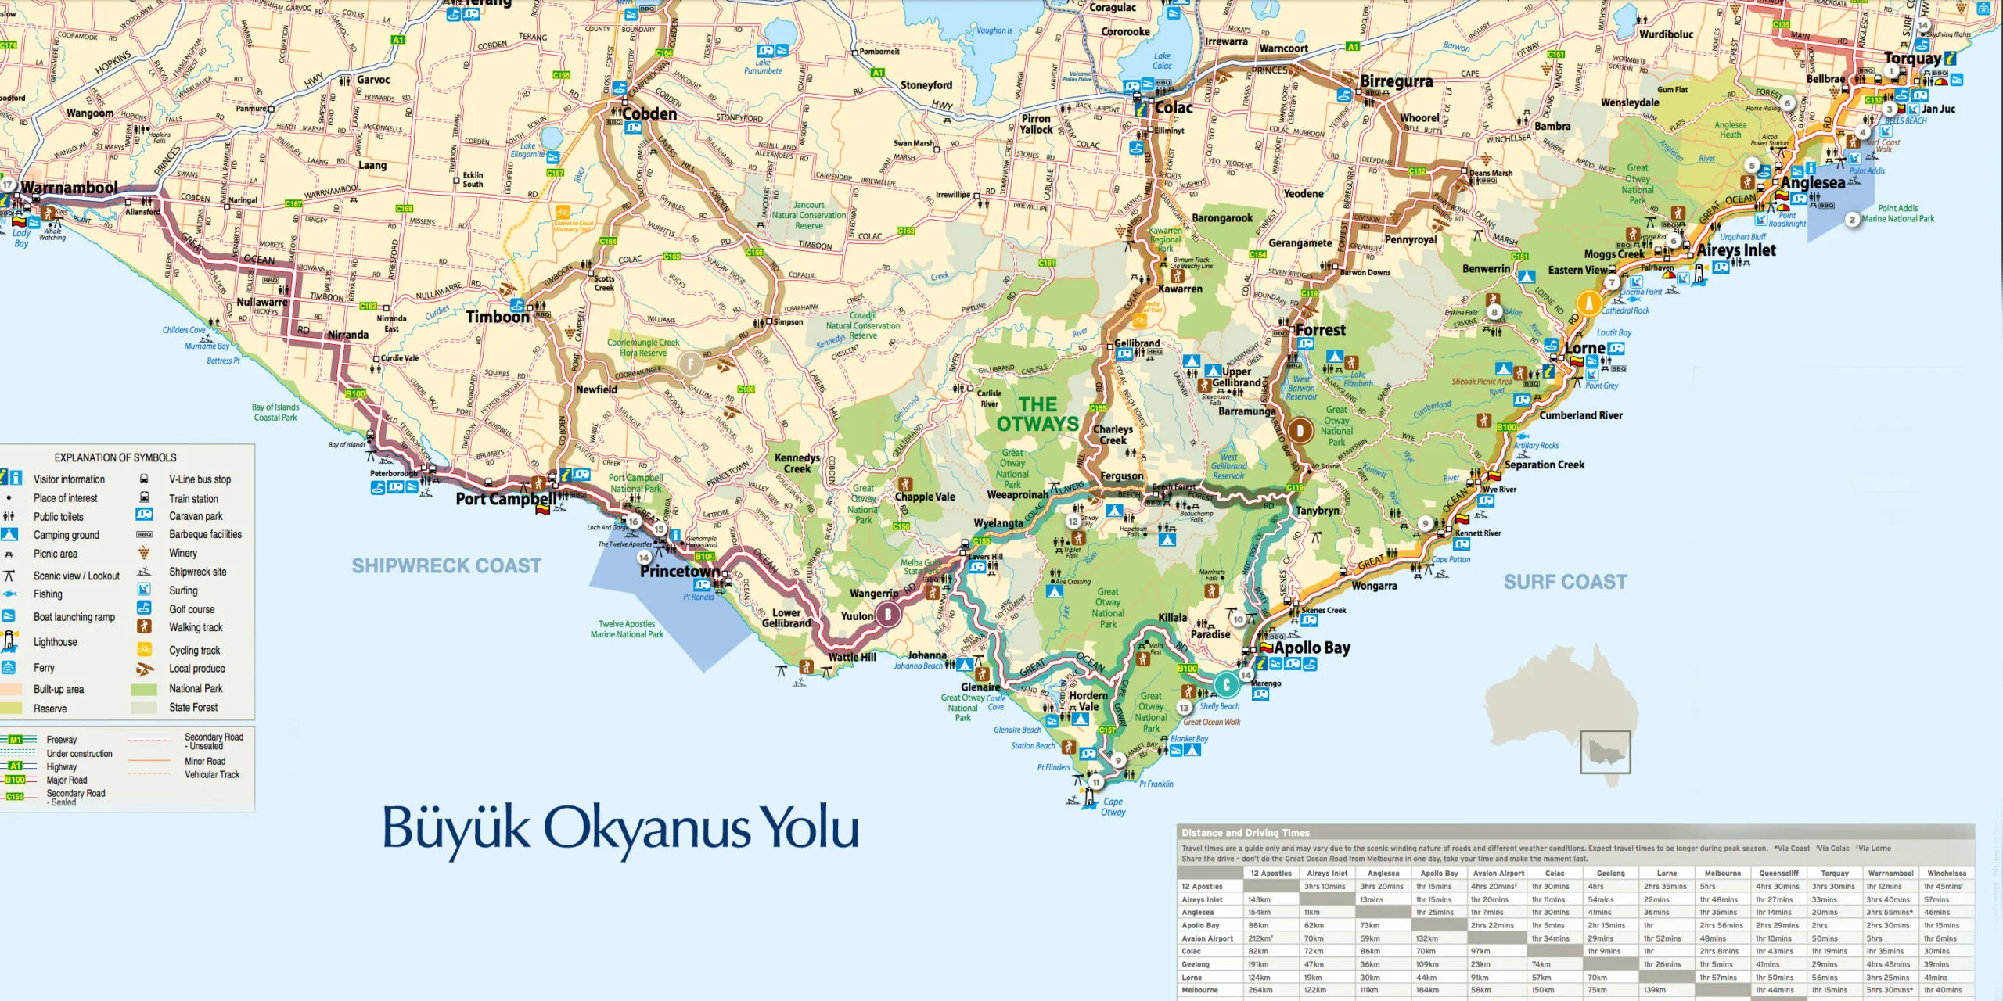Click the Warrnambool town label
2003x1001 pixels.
click(69, 188)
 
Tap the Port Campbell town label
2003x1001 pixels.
click(507, 498)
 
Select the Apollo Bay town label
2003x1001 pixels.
click(1311, 648)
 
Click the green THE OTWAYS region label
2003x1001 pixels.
click(1037, 414)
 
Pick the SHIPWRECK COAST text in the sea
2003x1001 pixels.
click(446, 565)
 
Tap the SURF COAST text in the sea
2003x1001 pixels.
click(1565, 582)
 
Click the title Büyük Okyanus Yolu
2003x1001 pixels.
click(620, 827)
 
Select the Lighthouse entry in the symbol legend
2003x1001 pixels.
click(55, 642)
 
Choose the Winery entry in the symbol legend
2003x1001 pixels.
click(183, 553)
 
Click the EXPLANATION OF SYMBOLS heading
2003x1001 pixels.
click(115, 457)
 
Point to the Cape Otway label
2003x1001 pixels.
click(1113, 806)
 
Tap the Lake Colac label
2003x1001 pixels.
click(1162, 61)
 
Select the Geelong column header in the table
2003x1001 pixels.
click(1610, 873)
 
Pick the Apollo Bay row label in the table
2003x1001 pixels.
click(1200, 925)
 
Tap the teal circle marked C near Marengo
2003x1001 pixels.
click(1226, 685)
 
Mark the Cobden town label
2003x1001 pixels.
click(649, 114)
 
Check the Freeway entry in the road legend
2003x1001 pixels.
click(61, 740)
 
